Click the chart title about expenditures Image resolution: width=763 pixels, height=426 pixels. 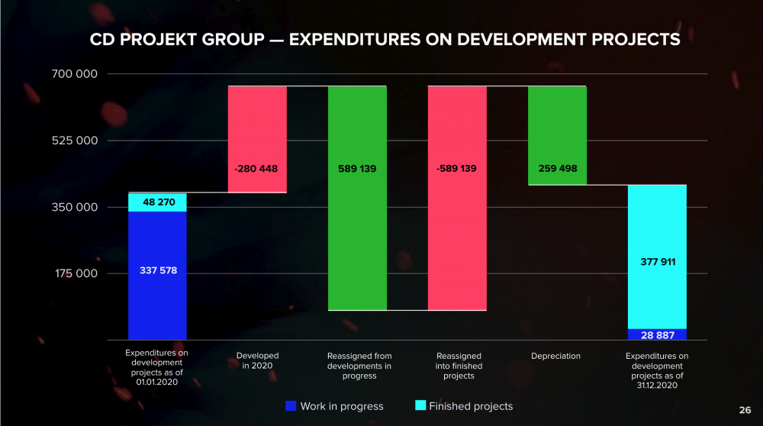385,40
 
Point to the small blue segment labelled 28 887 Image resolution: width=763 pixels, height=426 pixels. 657,334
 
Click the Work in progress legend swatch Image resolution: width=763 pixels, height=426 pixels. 290,406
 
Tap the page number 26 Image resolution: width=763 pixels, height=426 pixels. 745,408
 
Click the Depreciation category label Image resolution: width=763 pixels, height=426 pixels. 555,356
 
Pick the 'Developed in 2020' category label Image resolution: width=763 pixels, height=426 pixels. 257,361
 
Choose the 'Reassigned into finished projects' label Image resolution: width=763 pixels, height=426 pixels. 459,366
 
